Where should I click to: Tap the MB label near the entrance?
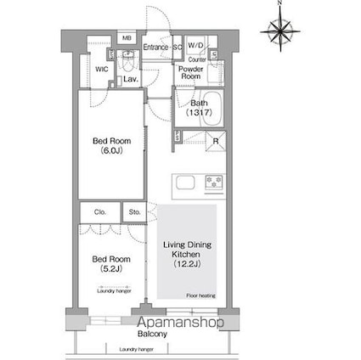pos(126,39)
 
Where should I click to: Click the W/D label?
pos(195,45)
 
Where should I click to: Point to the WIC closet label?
pos(100,70)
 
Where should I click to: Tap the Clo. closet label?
pos(98,213)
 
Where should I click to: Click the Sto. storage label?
pos(133,213)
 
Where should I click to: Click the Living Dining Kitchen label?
pos(187,254)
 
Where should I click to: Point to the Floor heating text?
pos(200,295)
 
